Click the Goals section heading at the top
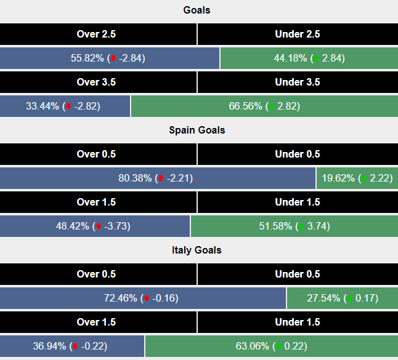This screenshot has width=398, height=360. (197, 10)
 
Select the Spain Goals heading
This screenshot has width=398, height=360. (197, 130)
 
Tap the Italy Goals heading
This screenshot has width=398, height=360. (197, 250)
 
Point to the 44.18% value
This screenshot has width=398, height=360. (291, 58)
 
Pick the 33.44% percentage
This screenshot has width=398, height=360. (43, 106)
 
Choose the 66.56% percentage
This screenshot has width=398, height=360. (246, 106)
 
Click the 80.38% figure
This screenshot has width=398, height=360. (136, 178)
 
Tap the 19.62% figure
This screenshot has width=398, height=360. (338, 178)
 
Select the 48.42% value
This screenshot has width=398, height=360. (73, 226)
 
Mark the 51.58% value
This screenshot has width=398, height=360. (277, 226)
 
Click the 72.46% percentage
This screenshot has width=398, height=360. (121, 298)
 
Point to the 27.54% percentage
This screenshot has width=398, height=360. (324, 298)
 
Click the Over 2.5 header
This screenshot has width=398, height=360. (96, 34)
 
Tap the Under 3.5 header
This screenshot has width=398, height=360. (298, 82)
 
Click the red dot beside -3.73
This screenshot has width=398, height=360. (99, 226)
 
